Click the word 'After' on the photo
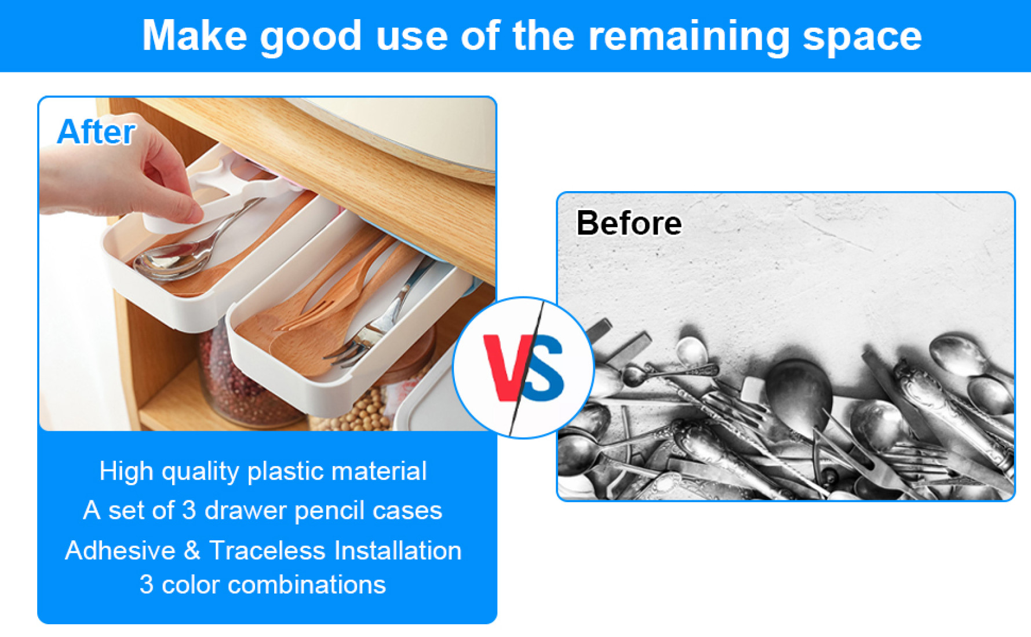96,131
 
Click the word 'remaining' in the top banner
688,37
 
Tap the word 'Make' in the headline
195,36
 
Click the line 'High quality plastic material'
263,471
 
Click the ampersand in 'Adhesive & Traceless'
192,550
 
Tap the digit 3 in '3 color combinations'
146,584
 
